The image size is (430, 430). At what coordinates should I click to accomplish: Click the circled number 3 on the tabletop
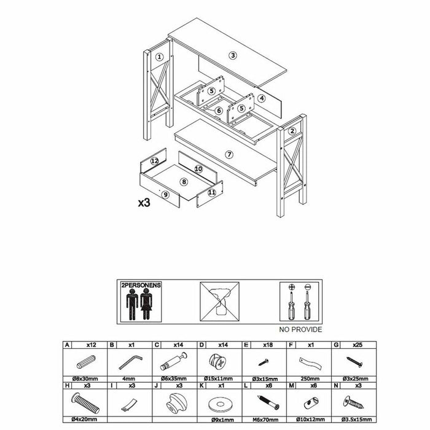[x=233, y=55]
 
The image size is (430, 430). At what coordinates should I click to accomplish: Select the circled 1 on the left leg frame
[x=158, y=57]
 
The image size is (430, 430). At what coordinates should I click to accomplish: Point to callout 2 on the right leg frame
[x=292, y=130]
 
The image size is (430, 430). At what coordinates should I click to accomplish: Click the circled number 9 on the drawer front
[x=165, y=195]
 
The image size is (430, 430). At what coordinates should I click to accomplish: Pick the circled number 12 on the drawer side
[x=155, y=161]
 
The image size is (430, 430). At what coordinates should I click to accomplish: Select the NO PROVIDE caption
[x=301, y=329]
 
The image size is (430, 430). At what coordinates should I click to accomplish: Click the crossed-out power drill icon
[x=220, y=301]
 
